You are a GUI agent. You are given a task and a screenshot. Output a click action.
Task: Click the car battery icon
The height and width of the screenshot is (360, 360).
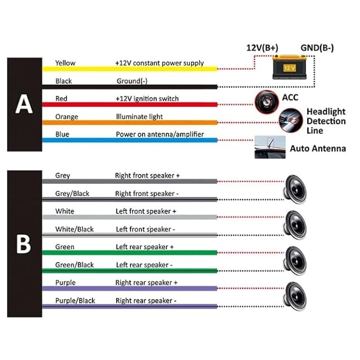(x=290, y=67)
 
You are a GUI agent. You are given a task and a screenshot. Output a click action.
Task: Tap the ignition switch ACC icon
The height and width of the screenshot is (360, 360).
(x=266, y=102)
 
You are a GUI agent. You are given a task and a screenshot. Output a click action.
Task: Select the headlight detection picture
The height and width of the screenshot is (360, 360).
(x=291, y=121)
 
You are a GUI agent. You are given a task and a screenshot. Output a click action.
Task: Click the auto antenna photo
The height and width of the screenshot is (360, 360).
(x=270, y=147)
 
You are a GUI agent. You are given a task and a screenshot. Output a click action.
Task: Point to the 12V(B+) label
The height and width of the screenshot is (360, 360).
(x=262, y=48)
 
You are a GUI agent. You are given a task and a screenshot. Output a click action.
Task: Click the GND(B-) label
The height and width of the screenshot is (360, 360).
(x=317, y=48)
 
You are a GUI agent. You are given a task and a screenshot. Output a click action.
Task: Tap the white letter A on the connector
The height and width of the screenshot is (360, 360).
(x=24, y=104)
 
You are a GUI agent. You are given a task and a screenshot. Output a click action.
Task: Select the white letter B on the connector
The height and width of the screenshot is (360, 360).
(x=24, y=244)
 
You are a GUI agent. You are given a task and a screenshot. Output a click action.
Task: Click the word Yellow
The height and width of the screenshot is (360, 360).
(x=65, y=63)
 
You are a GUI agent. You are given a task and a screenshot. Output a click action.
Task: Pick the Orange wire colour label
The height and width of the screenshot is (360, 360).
(x=67, y=117)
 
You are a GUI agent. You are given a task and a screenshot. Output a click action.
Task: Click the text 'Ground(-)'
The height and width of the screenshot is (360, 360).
(x=132, y=81)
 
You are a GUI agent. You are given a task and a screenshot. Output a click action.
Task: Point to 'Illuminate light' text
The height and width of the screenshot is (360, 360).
(x=139, y=117)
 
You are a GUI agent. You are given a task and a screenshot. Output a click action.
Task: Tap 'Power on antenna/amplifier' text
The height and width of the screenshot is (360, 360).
(x=160, y=134)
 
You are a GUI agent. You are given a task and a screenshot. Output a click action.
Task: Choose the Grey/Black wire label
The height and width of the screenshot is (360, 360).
(x=72, y=194)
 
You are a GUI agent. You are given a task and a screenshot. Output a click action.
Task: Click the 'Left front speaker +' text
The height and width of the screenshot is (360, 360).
(x=146, y=211)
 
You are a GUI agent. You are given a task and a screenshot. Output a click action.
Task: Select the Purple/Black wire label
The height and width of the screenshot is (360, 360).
(x=75, y=301)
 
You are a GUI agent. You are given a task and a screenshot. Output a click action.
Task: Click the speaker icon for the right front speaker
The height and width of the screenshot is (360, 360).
(x=295, y=189)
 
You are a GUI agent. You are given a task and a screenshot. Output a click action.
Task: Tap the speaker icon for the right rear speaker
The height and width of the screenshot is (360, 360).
(x=295, y=296)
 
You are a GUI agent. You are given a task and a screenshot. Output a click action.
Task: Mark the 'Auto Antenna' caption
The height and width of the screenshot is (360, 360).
(x=318, y=149)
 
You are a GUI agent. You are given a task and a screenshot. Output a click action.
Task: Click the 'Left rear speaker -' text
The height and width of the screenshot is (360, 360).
(x=144, y=265)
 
